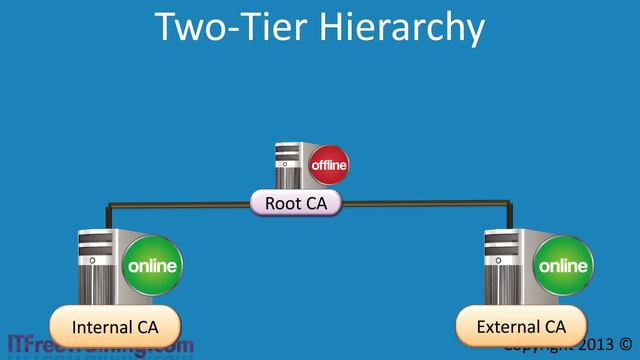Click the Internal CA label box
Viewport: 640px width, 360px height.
click(114, 326)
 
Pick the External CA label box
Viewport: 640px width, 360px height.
click(520, 326)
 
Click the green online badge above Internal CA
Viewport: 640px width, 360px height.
click(152, 266)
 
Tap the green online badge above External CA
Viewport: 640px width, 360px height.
click(564, 266)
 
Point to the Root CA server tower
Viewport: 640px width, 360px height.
click(290, 166)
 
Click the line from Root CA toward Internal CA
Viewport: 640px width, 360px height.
click(180, 204)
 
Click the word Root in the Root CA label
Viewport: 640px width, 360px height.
click(280, 204)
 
